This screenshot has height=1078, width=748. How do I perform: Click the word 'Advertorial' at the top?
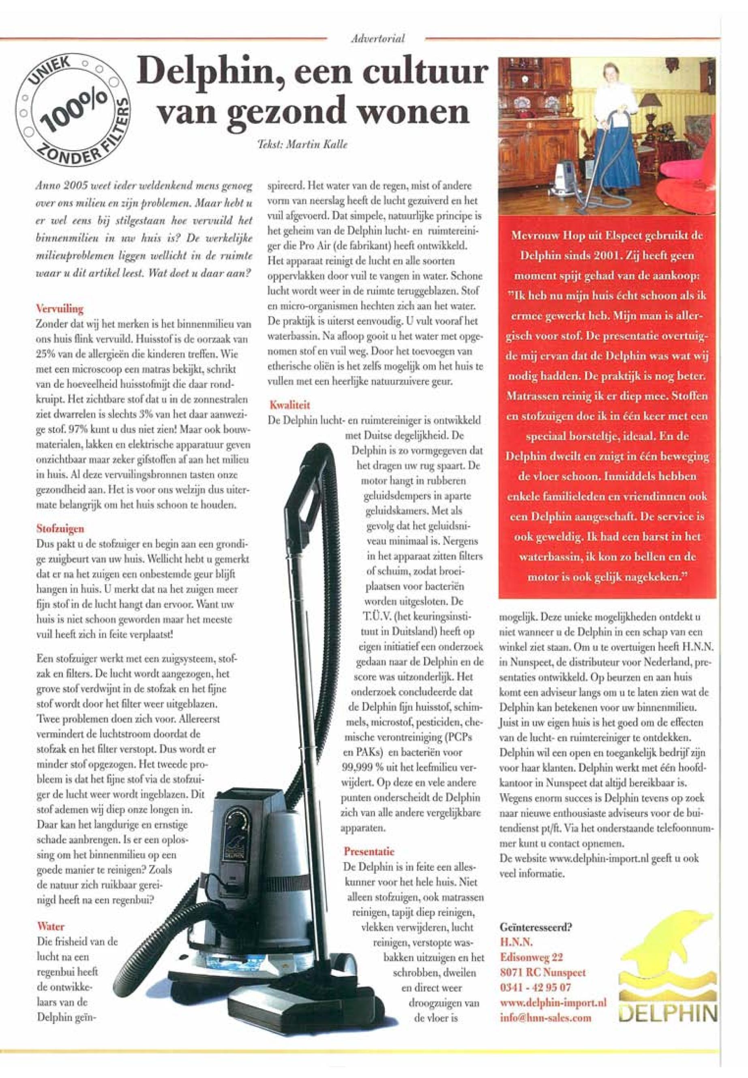(377, 39)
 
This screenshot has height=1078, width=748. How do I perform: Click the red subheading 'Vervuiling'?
(60, 309)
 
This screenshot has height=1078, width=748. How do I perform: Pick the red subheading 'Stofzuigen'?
(60, 528)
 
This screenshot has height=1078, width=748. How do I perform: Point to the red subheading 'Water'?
(51, 926)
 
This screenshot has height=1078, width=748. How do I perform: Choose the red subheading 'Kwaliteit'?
(289, 405)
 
